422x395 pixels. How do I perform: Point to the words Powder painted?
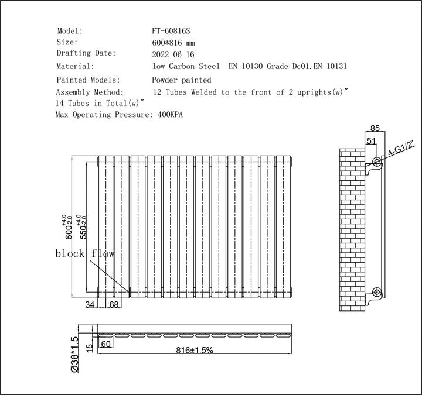182,80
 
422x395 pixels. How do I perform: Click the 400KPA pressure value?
171,115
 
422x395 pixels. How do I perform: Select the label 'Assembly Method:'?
89,92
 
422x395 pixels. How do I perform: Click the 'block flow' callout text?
85,253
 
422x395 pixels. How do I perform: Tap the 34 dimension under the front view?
90,304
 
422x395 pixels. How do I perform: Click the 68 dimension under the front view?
114,304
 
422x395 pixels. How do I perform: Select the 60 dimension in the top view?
107,344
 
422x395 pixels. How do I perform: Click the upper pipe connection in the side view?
376,161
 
